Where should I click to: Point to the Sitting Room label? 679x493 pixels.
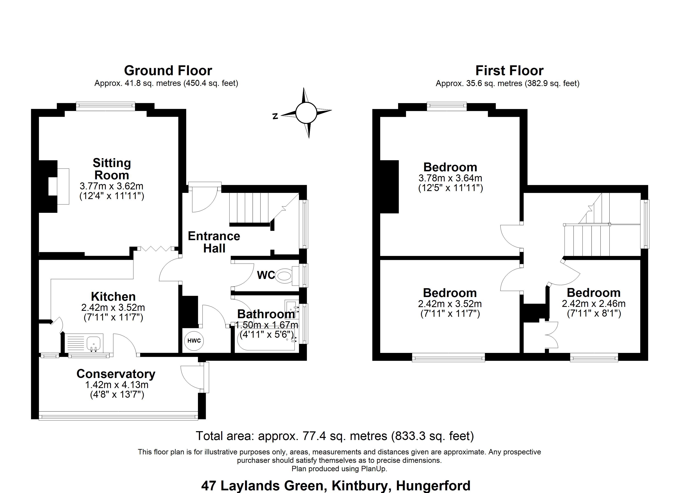[x=112, y=169]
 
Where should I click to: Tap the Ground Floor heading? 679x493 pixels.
[x=168, y=70]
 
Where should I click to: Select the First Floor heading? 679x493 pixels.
[x=509, y=70]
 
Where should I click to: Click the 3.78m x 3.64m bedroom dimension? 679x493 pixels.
[x=450, y=178]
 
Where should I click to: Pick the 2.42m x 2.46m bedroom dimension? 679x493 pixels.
[x=594, y=304]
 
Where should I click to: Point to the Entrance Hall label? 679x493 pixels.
[x=214, y=242]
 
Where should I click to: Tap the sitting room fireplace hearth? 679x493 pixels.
[x=63, y=186]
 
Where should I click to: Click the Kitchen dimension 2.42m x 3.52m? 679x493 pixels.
[x=113, y=307]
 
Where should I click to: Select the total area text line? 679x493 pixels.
[x=335, y=436]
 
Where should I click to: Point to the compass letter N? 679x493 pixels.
[x=275, y=116]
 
